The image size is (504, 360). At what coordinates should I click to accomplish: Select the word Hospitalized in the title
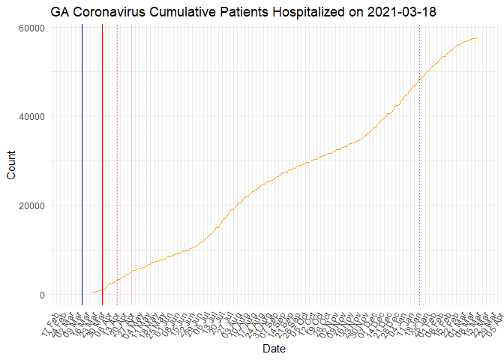click(303, 13)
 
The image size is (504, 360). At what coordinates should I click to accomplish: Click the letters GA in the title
click(61, 13)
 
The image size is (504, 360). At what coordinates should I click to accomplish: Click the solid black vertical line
click(82, 165)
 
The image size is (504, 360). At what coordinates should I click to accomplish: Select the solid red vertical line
click(102, 165)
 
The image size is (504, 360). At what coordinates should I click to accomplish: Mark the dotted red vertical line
click(117, 165)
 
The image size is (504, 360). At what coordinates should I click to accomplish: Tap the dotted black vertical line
click(419, 165)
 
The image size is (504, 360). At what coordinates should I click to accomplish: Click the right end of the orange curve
click(478, 37)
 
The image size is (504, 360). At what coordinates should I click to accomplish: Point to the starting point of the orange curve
click(92, 292)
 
